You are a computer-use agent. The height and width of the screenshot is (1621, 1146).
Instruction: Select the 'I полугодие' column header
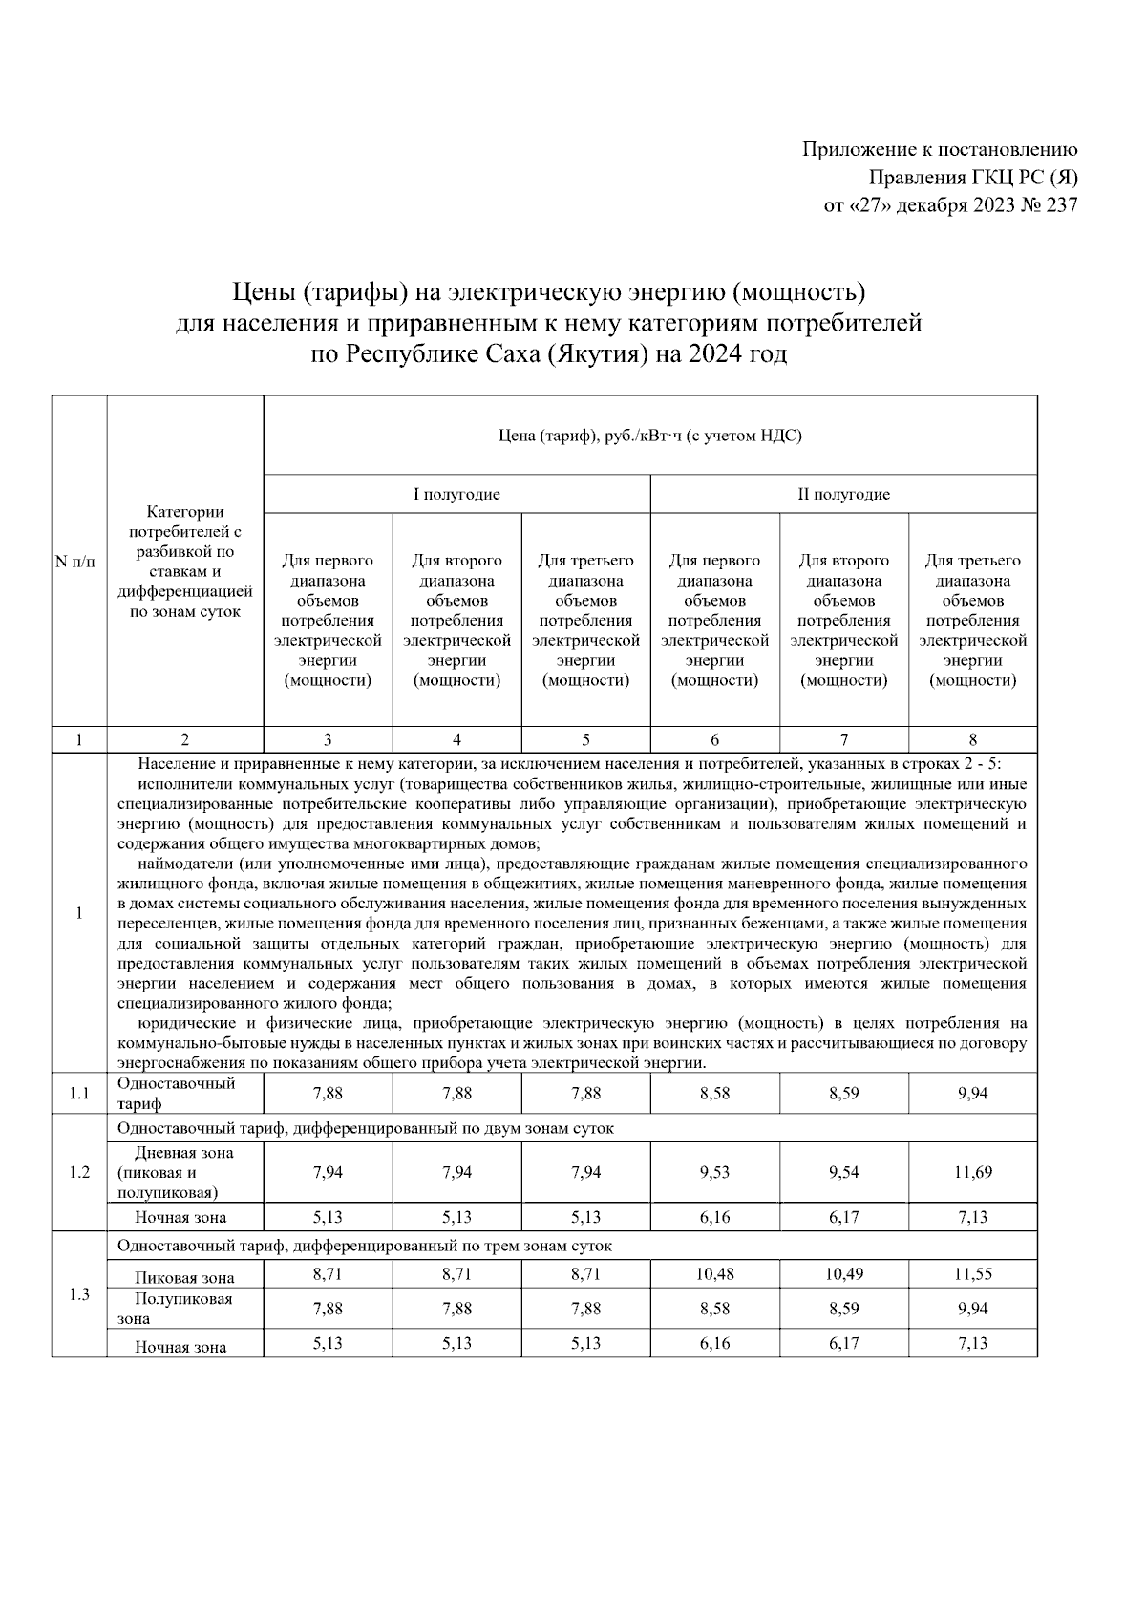coord(456,494)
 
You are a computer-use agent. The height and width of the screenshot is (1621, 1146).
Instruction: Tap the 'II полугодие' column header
coord(843,494)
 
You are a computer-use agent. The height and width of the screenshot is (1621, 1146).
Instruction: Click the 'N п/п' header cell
coord(78,562)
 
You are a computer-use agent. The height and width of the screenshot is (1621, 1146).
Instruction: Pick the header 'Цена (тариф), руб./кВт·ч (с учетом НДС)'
coord(650,437)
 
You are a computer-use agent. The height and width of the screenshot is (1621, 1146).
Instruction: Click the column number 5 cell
coord(585,738)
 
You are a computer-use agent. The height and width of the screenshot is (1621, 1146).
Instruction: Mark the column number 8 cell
coord(972,738)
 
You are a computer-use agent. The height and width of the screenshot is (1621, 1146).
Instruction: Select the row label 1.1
coord(78,1094)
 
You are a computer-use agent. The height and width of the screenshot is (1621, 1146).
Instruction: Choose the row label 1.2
coord(78,1172)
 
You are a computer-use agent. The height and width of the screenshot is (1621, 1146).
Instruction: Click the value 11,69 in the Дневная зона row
coord(972,1172)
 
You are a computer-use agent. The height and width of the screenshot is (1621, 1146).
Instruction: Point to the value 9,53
coord(714,1172)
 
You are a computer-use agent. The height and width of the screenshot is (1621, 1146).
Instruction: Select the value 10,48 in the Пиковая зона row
coord(714,1274)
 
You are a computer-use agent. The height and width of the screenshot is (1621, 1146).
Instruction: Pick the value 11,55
coord(972,1274)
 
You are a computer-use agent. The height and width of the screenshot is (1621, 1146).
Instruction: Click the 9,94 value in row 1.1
coord(972,1094)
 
